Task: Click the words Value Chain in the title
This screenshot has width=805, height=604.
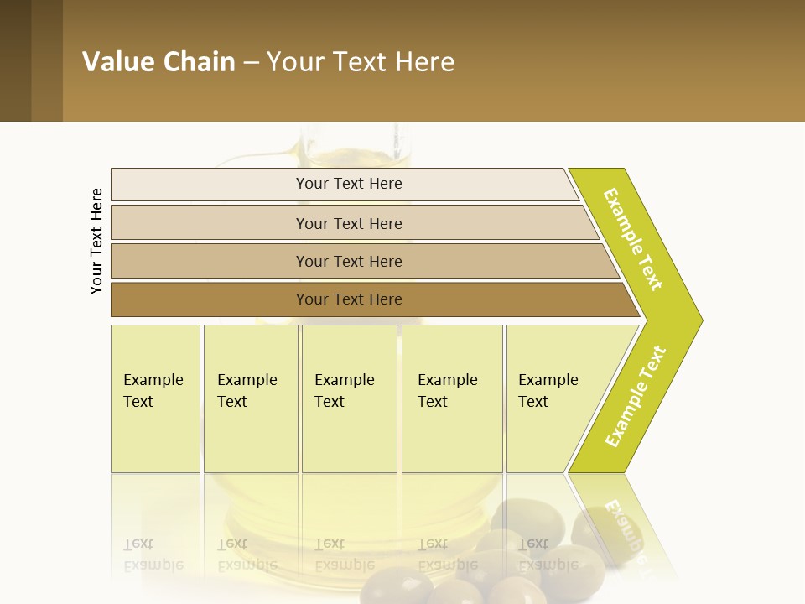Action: [x=158, y=62]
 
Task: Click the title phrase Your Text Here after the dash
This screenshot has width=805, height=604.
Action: [x=361, y=62]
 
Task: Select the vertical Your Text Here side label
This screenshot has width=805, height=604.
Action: [x=96, y=241]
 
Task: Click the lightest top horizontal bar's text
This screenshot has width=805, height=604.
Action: [x=349, y=184]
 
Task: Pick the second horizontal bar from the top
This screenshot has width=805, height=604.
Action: [x=349, y=223]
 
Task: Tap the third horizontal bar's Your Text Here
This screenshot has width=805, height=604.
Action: [x=349, y=262]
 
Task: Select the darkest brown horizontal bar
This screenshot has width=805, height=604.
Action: [x=349, y=299]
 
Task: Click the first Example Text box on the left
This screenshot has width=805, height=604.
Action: [x=154, y=398]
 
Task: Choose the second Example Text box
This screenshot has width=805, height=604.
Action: [x=249, y=398]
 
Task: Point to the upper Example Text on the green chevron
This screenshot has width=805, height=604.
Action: [x=633, y=239]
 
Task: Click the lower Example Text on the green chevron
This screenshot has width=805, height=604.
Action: [x=636, y=397]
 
